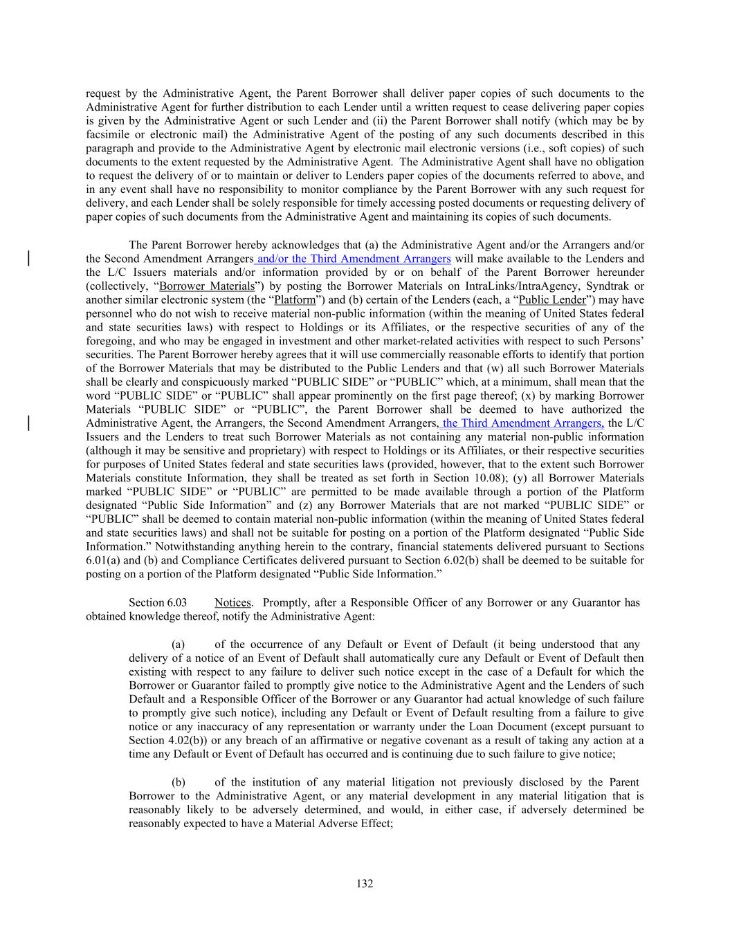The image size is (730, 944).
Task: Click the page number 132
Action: (x=365, y=883)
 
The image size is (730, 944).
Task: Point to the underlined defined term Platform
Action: (x=295, y=299)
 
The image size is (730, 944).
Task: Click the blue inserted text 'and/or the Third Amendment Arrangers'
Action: (x=354, y=259)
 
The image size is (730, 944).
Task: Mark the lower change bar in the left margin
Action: (x=28, y=423)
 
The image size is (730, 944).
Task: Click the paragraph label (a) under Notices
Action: (x=179, y=644)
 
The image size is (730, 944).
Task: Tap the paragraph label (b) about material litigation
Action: (x=179, y=782)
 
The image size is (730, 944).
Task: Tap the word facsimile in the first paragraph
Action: (x=107, y=134)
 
